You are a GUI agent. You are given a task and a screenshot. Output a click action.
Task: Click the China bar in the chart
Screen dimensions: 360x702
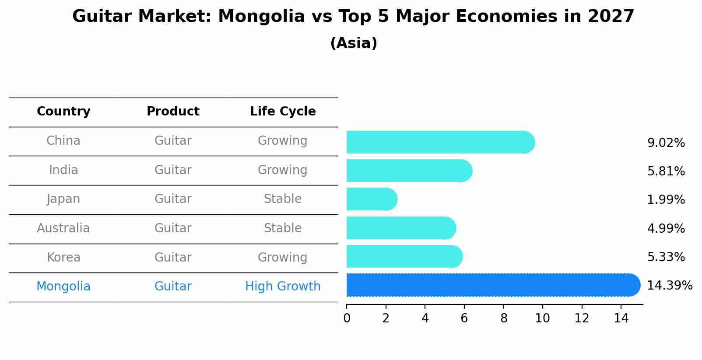440,143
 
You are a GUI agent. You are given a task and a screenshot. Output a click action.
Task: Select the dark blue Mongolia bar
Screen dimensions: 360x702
493,285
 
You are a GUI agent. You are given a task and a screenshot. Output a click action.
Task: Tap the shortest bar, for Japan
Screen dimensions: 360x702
372,199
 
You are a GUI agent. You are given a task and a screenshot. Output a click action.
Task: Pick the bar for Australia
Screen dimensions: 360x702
401,228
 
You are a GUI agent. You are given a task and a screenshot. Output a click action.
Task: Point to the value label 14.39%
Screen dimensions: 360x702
669,286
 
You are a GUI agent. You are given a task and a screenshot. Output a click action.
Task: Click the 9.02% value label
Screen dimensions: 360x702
666,143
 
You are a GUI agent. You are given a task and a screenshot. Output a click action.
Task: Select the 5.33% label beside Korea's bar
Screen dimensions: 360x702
666,257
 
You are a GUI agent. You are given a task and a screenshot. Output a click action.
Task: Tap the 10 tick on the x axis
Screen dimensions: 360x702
543,318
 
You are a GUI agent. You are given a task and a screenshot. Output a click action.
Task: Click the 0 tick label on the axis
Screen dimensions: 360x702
347,318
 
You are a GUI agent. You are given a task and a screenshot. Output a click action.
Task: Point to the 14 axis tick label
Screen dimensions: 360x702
621,318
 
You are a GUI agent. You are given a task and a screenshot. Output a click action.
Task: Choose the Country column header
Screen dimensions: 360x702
63,112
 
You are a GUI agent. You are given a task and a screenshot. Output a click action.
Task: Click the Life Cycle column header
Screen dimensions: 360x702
283,112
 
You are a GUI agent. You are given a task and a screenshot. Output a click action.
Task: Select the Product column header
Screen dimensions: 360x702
173,112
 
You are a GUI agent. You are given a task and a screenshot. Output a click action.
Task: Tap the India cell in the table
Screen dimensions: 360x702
63,170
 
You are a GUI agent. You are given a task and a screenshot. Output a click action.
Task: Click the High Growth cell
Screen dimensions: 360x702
283,287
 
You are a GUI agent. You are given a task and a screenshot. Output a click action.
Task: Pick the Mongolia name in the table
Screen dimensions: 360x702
63,287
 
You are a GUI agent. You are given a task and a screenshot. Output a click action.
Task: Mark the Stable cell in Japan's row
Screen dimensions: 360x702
283,199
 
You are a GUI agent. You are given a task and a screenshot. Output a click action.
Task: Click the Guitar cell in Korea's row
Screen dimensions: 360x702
173,258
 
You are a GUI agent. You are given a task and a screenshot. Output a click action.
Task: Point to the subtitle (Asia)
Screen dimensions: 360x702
354,43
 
